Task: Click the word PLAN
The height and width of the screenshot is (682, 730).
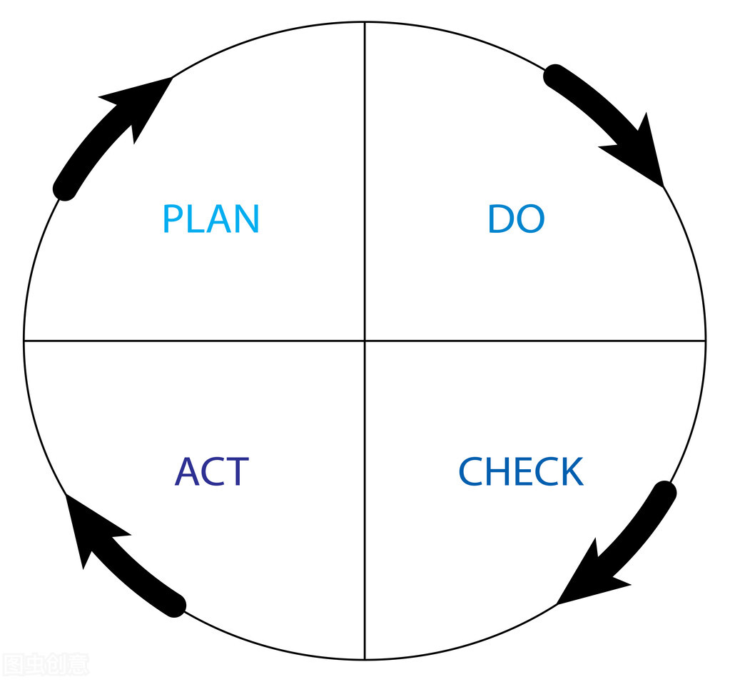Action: click(211, 219)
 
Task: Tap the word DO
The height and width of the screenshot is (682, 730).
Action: click(516, 219)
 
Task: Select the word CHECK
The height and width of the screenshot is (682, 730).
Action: click(520, 471)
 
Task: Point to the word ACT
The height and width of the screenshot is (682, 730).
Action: click(211, 471)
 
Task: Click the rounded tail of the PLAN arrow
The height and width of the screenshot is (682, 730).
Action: click(65, 189)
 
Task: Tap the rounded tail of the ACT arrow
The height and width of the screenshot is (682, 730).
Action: click(174, 605)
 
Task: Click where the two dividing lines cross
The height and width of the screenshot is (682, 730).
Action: click(365, 341)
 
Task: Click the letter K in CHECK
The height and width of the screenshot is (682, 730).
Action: click(571, 471)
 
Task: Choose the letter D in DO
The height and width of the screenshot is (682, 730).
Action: click(500, 219)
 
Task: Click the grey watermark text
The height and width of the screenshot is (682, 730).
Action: click(44, 664)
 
